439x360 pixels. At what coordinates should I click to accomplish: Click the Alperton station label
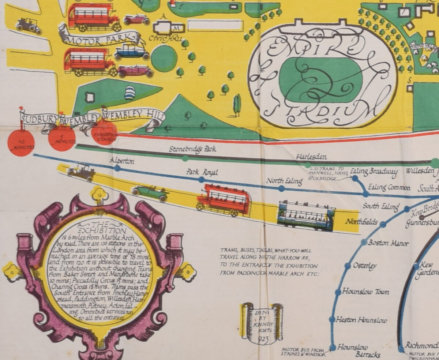click(122, 161)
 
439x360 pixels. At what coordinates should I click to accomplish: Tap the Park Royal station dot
click(201, 180)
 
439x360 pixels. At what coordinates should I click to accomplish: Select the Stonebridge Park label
click(192, 149)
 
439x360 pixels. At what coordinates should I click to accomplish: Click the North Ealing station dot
click(281, 188)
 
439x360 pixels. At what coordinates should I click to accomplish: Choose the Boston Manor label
click(388, 243)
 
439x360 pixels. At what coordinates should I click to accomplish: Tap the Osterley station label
click(364, 266)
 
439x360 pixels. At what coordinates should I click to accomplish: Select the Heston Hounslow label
click(361, 320)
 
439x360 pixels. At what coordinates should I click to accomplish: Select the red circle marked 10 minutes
click(21, 143)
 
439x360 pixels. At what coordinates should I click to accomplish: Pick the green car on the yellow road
click(150, 193)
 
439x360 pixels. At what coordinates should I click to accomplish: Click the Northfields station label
click(361, 222)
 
